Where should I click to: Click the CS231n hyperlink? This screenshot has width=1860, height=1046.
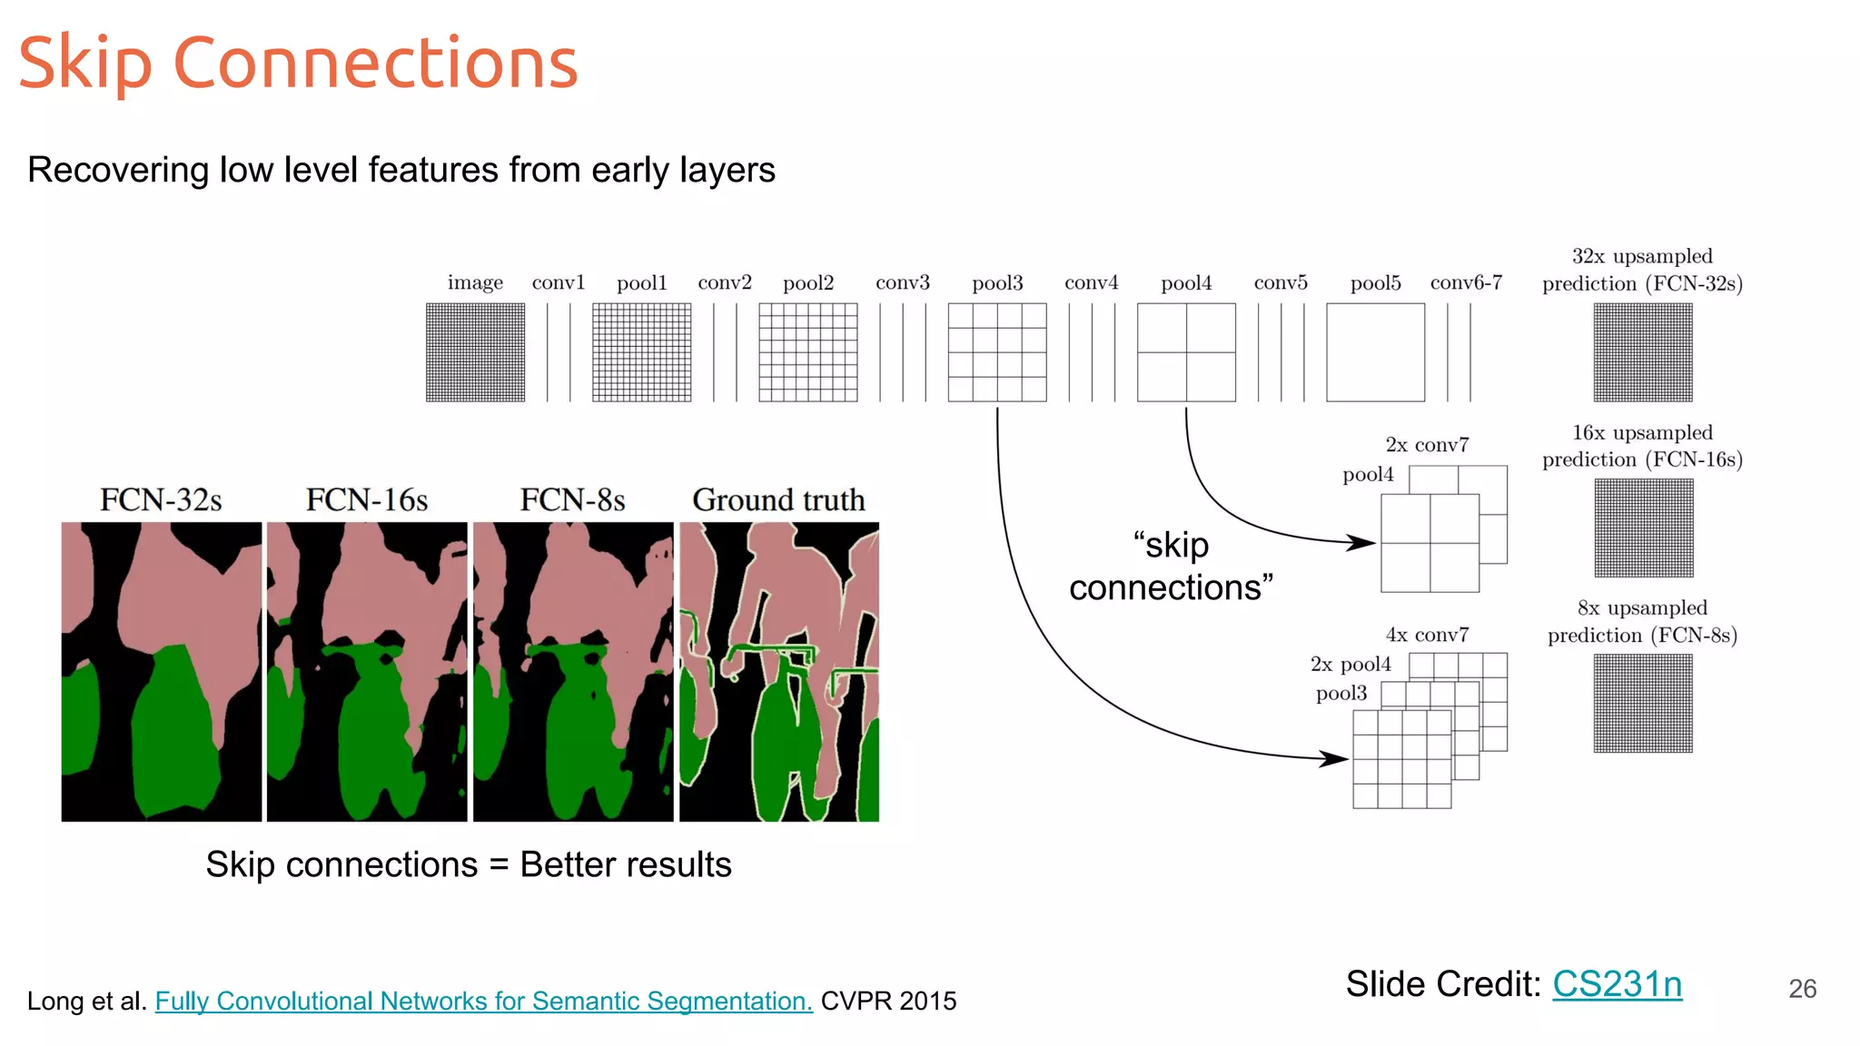pyautogui.click(x=1617, y=984)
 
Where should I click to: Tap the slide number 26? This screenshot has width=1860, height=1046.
pyautogui.click(x=1802, y=989)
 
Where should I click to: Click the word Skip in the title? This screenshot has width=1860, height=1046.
pyautogui.click(x=84, y=64)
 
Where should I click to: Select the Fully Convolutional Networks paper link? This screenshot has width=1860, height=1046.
pyautogui.click(x=483, y=1001)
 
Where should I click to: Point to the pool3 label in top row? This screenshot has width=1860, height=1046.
pyautogui.click(x=997, y=283)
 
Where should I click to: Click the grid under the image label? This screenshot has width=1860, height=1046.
pyautogui.click(x=475, y=352)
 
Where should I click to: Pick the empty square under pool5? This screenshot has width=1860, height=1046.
pyautogui.click(x=1375, y=352)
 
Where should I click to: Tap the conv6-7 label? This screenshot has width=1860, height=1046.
pyautogui.click(x=1466, y=283)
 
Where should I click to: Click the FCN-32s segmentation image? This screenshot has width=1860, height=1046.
pyautogui.click(x=162, y=672)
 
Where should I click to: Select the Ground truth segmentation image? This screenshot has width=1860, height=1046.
pyautogui.click(x=779, y=672)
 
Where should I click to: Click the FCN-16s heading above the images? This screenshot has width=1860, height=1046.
pyautogui.click(x=366, y=500)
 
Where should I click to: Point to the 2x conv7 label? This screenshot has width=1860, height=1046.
pyautogui.click(x=1427, y=445)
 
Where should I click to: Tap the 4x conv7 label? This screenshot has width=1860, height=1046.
pyautogui.click(x=1427, y=635)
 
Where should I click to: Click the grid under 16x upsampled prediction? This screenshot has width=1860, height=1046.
pyautogui.click(x=1644, y=528)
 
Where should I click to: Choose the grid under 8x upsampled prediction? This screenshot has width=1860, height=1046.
pyautogui.click(x=1643, y=704)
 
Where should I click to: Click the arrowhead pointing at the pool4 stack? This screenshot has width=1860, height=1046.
pyautogui.click(x=1361, y=542)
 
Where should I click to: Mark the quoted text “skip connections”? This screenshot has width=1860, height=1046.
pyautogui.click(x=1171, y=567)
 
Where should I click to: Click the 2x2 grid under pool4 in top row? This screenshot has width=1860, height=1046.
pyautogui.click(x=1186, y=352)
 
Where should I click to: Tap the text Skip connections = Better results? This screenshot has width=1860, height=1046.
pyautogui.click(x=468, y=864)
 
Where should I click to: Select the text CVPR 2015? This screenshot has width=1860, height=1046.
pyautogui.click(x=888, y=1001)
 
